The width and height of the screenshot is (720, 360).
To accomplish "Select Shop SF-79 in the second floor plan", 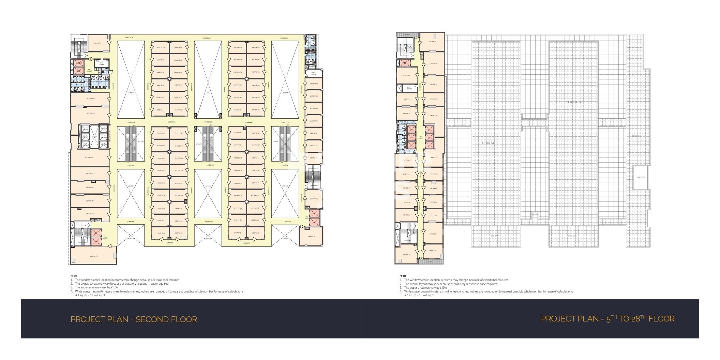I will pyautogui.click(x=94, y=256).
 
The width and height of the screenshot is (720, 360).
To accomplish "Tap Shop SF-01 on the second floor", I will pyautogui.click(x=311, y=236).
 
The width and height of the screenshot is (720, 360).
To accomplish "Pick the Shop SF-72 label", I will pyautogui.click(x=91, y=99).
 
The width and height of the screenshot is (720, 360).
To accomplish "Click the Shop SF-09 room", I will pyautogui.click(x=314, y=84).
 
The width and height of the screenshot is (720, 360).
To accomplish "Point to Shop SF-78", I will pyautogui.click(x=90, y=213).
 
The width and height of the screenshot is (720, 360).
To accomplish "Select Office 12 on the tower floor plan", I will pyautogui.click(x=432, y=42).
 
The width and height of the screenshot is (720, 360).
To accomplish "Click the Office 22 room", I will pyautogui.click(x=406, y=254).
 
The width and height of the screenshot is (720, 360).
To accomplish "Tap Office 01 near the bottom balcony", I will pyautogui.click(x=433, y=251).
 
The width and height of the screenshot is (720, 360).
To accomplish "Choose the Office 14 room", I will pyautogui.click(x=406, y=75).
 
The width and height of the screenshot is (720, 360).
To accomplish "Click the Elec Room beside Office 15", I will pyautogui.click(x=409, y=88).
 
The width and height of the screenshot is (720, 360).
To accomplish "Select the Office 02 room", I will pyautogui.click(x=433, y=234).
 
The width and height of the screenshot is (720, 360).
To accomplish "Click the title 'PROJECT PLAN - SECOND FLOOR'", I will pyautogui.click(x=134, y=319).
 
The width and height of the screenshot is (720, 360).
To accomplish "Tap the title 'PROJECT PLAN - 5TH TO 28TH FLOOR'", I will pyautogui.click(x=607, y=319).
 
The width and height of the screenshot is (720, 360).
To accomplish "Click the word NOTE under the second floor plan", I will pyautogui.click(x=74, y=276).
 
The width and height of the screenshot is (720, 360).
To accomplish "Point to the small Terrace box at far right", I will pyautogui.click(x=641, y=177).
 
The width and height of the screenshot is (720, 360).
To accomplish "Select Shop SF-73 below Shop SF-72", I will pyautogui.click(x=91, y=113).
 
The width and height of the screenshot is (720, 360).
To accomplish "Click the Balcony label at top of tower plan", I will pyautogui.click(x=407, y=34).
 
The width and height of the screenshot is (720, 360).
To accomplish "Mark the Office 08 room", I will pyautogui.click(x=433, y=116).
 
